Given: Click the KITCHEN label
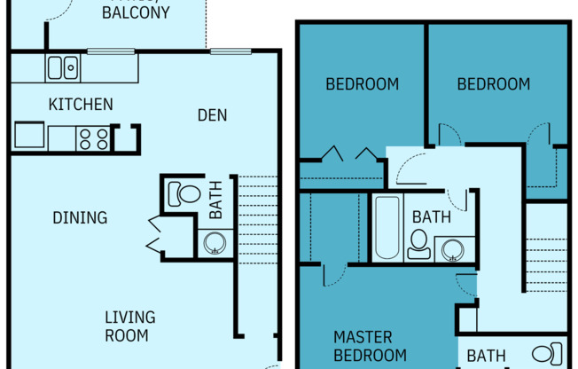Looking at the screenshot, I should point(80,105).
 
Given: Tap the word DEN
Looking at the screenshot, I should point(212,114).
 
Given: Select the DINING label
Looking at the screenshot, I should point(80,217).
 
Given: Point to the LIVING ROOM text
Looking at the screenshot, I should point(129,326).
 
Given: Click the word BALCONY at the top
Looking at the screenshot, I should point(136,12).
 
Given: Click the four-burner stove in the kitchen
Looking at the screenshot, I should point(93,138).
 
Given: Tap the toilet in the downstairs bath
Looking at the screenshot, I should point(184,193).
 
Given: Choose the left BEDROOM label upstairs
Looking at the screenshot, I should point(362,85).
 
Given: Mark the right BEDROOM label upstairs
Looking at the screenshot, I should point(493,85).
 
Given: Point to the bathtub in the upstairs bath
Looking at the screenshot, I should point(387,228).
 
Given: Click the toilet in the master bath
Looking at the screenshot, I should point(550,352).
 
